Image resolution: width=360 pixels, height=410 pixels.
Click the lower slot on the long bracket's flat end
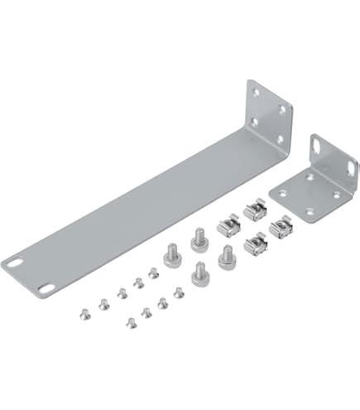tap(43, 287)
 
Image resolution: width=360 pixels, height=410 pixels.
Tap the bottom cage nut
tap(254, 244)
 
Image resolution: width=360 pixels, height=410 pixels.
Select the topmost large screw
tap(198, 239)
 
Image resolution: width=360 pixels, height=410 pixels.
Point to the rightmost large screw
tap(224, 256)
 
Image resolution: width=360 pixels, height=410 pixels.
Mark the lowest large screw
tap(199, 273)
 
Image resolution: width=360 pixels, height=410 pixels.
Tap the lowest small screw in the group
tap(129, 321)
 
